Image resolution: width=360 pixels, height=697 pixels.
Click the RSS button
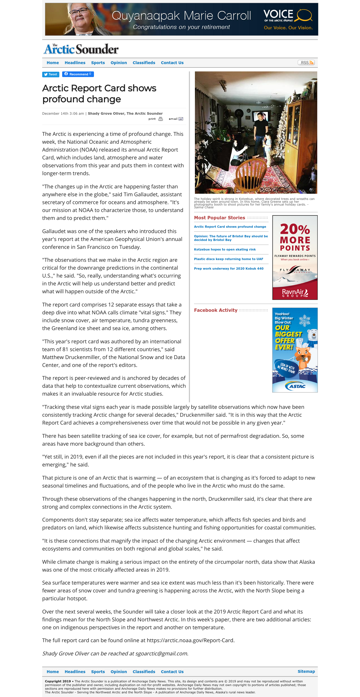(x=306, y=63)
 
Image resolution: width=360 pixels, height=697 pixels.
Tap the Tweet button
(x=51, y=75)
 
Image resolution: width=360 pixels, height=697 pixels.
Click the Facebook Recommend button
(x=78, y=74)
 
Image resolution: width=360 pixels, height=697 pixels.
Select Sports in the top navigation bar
(x=98, y=63)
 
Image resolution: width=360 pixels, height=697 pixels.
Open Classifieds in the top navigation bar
(x=144, y=63)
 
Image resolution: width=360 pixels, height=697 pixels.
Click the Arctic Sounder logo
(x=81, y=49)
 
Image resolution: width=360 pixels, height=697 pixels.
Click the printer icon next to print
(x=161, y=119)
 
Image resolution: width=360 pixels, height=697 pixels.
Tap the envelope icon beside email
(x=181, y=119)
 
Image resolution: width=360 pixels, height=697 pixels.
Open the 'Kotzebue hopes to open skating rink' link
(x=225, y=249)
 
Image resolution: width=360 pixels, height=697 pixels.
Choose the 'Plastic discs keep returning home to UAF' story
(x=228, y=259)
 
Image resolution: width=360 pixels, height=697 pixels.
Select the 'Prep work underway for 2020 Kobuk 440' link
(x=229, y=269)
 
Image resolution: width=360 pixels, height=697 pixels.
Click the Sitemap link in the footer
(x=306, y=671)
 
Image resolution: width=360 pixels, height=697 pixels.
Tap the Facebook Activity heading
(x=216, y=310)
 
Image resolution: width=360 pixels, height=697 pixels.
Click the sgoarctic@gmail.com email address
(x=161, y=654)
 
